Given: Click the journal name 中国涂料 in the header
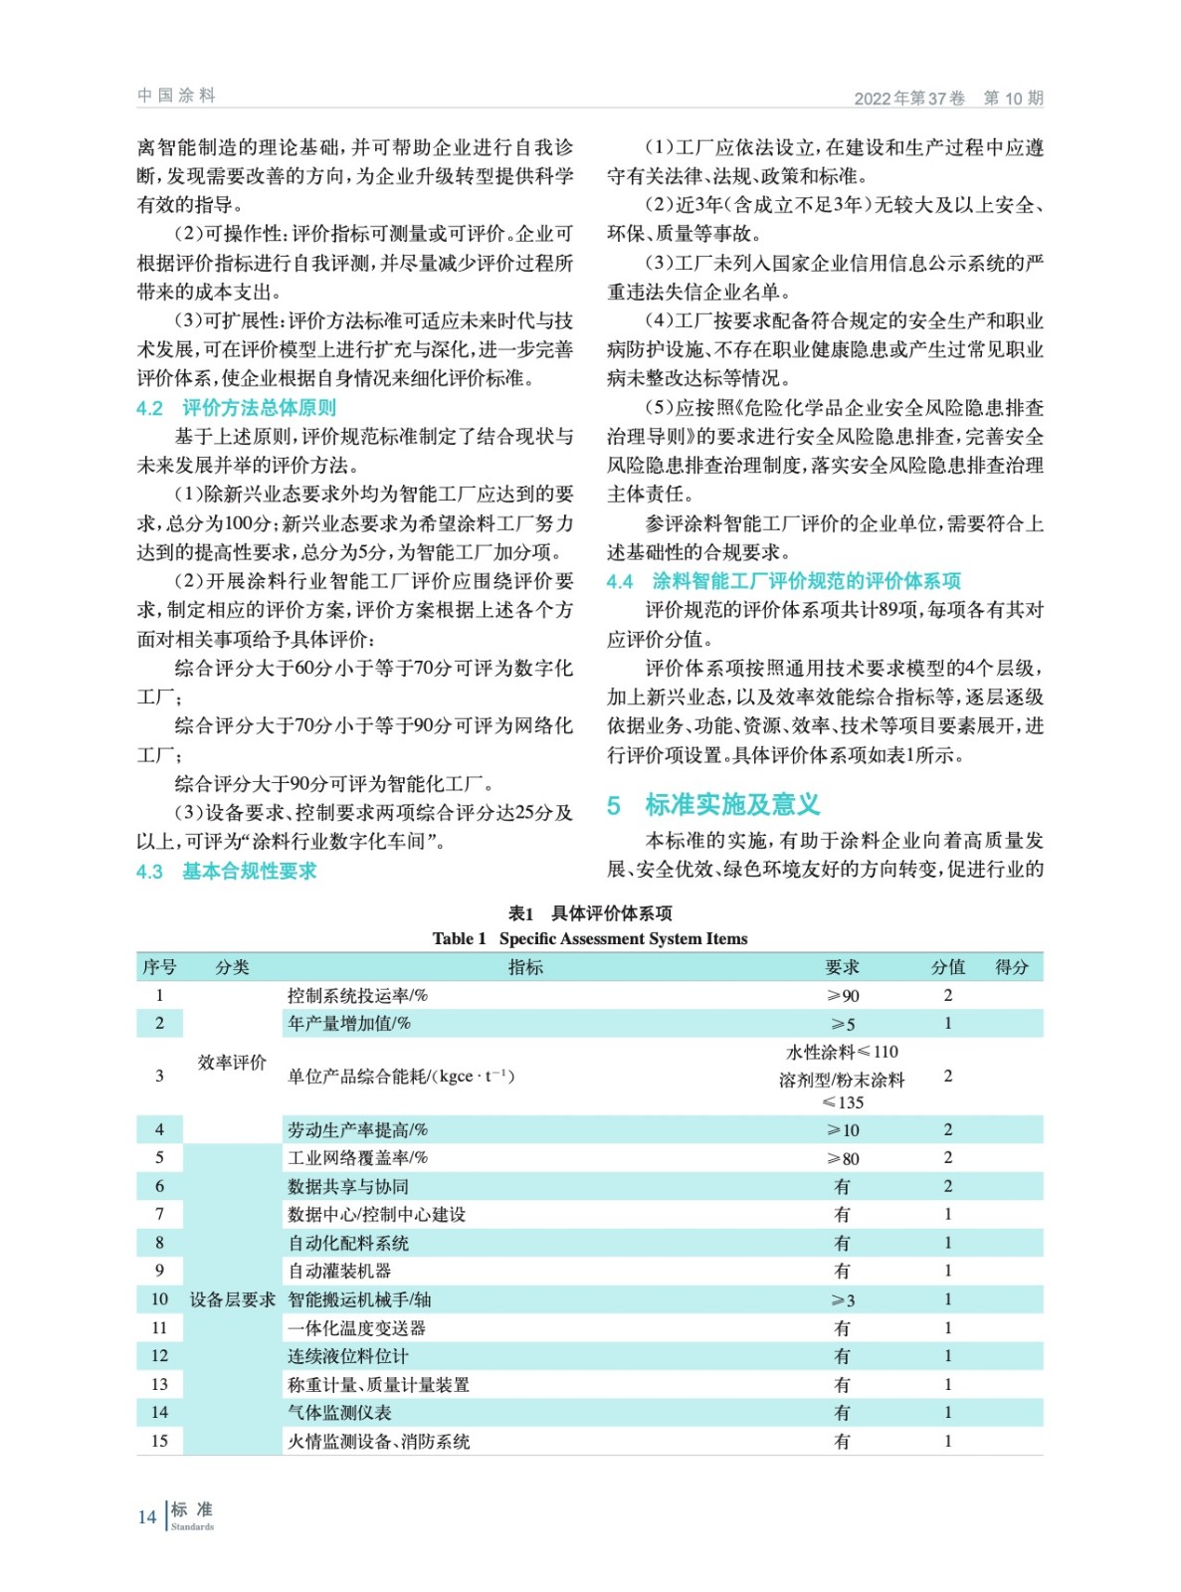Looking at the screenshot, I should [x=176, y=96].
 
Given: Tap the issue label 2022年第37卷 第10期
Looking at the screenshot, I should [x=948, y=99].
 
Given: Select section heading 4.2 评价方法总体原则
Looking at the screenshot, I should [x=237, y=408].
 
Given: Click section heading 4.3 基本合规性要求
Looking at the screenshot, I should [x=227, y=872].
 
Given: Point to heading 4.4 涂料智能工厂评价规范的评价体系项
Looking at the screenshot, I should [x=784, y=581].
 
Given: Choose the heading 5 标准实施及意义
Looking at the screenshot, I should [x=713, y=804].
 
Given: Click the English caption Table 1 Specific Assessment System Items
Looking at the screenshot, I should [x=590, y=938].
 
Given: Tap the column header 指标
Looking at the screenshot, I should [x=525, y=967].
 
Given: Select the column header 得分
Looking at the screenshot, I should [x=1012, y=967].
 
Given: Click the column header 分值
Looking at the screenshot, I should [x=947, y=967].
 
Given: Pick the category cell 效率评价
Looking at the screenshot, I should [x=232, y=1063].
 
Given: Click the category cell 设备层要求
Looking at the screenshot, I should [x=232, y=1299].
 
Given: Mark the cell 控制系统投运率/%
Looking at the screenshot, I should [x=357, y=995].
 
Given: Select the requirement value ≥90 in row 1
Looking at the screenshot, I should [x=843, y=996].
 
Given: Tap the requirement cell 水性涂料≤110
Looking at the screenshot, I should [x=842, y=1052].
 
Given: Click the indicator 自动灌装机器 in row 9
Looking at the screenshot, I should [x=339, y=1271].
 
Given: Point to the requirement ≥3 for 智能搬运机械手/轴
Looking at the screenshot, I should [x=843, y=1300].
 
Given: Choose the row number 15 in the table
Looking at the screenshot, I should [x=159, y=1441].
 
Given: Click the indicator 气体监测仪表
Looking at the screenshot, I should [x=339, y=1413].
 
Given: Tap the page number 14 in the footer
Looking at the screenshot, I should [x=147, y=1516].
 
